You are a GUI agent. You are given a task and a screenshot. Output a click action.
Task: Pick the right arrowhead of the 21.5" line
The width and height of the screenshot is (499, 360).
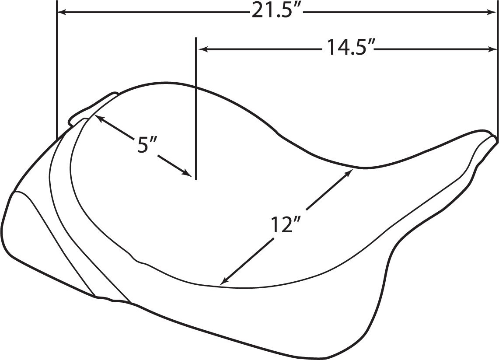[x=492, y=12]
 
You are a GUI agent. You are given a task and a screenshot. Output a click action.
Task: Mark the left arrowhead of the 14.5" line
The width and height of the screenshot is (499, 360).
[x=202, y=49]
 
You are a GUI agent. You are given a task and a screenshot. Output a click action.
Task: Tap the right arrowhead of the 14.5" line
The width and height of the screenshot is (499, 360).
[x=492, y=49]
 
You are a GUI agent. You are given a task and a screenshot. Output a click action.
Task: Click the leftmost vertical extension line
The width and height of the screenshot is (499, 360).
[x=57, y=66]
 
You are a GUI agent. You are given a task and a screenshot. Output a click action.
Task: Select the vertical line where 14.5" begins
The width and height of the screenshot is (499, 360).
[x=196, y=109]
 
